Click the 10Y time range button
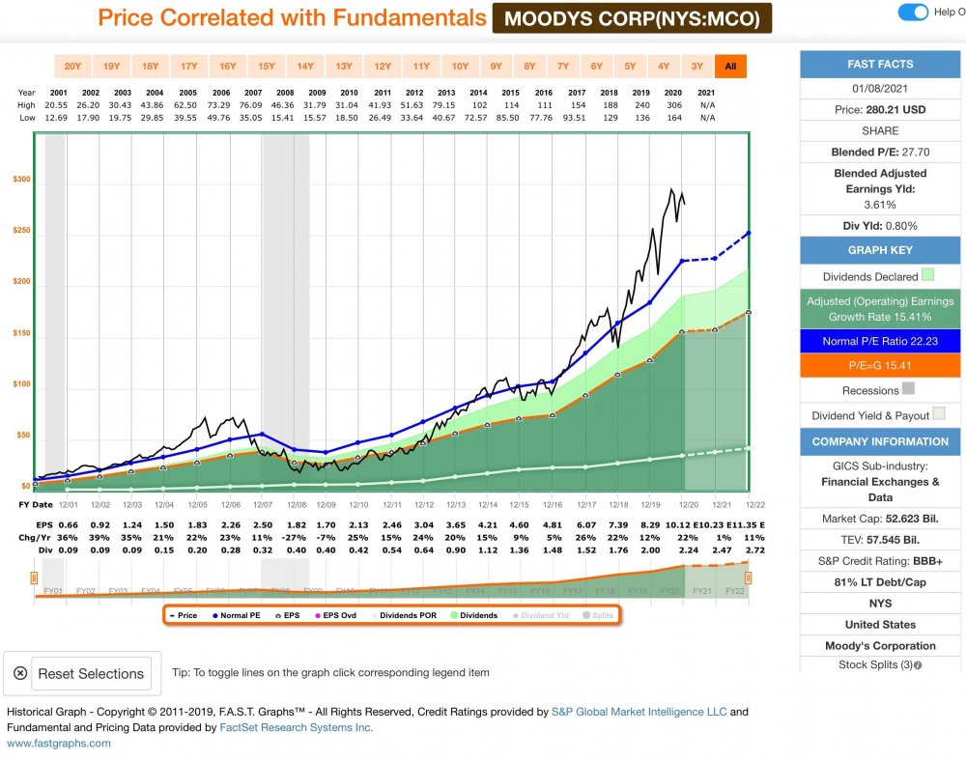461,66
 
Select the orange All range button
730,66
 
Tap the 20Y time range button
72,66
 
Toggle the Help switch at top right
913,12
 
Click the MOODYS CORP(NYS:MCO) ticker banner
632,17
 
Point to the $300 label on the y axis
21,180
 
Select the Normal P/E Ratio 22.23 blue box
881,341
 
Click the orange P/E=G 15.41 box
881,365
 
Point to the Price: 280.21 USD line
881,109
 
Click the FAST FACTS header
881,64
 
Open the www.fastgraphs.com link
59,743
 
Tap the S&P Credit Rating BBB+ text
881,560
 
